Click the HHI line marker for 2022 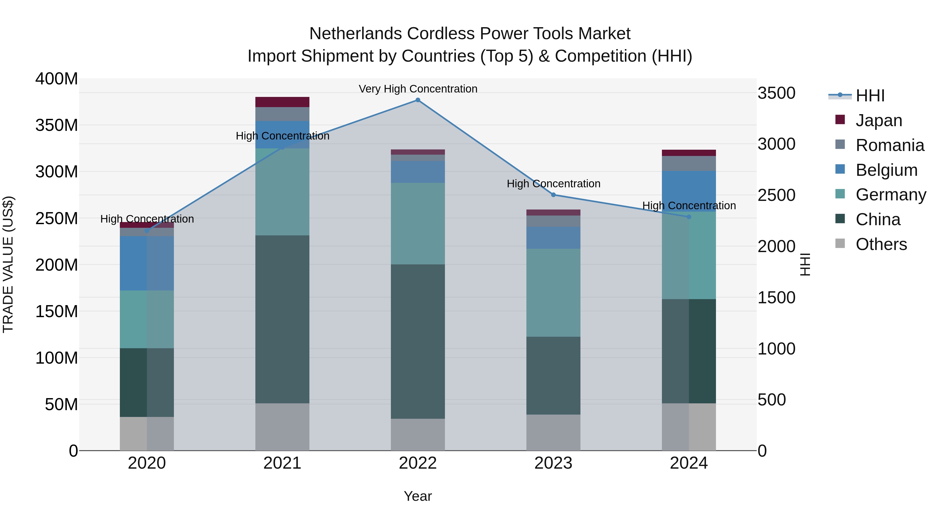[x=418, y=100]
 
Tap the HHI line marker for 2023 [x=553, y=195]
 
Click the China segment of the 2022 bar [x=418, y=341]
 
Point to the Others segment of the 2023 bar [x=553, y=432]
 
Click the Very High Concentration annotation [x=418, y=89]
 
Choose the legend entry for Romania [x=890, y=145]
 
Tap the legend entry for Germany [x=890, y=195]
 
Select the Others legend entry [x=881, y=244]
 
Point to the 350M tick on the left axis [x=57, y=125]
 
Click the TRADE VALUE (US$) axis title [x=8, y=264]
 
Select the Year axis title [x=418, y=496]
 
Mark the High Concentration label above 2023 [x=553, y=184]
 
